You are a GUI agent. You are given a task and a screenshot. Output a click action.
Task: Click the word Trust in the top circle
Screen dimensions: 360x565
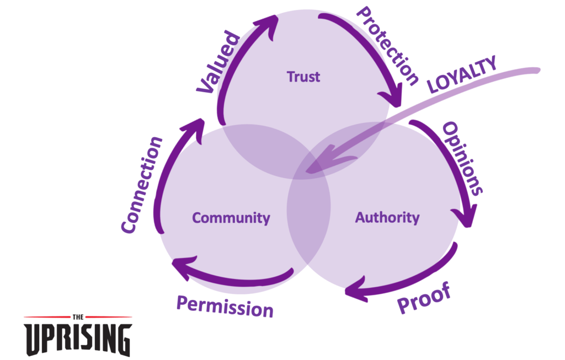pyautogui.click(x=303, y=77)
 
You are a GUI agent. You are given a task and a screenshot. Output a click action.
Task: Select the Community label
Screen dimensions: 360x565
pyautogui.click(x=231, y=218)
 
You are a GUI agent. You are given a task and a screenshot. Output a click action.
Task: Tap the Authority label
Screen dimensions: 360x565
pyautogui.click(x=387, y=217)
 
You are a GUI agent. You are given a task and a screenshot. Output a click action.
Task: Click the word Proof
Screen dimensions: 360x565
pyautogui.click(x=424, y=298)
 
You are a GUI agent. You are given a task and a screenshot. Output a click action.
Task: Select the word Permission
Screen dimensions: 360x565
pyautogui.click(x=225, y=306)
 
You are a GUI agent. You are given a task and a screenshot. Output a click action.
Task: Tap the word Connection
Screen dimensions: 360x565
pyautogui.click(x=142, y=184)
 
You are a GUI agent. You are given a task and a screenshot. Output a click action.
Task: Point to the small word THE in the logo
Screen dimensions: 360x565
pyautogui.click(x=78, y=317)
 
